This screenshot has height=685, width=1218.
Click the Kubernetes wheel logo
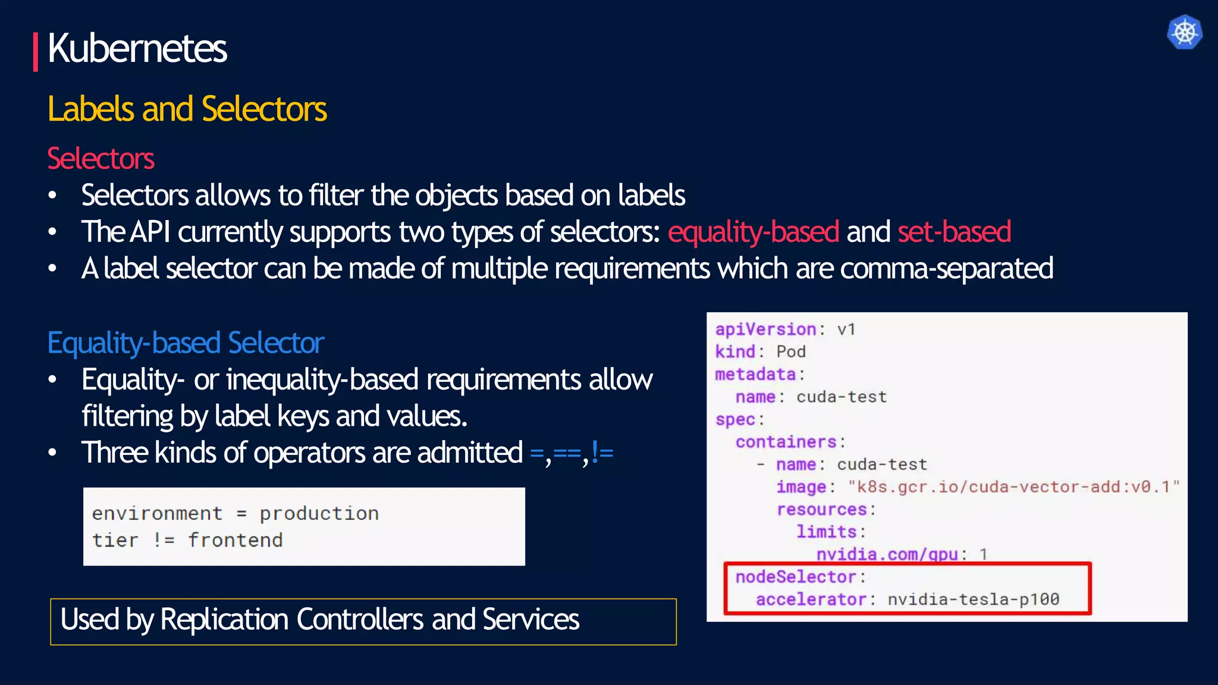[1184, 32]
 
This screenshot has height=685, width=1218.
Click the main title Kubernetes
[137, 49]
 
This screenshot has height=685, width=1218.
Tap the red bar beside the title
[36, 52]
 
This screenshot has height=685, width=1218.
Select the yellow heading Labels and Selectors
[187, 109]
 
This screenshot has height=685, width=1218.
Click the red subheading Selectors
[101, 159]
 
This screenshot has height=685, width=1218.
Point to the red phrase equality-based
[753, 232]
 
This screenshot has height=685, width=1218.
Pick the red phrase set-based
[954, 232]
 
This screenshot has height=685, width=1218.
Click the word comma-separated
[946, 269]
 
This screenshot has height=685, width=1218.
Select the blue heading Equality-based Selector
[186, 343]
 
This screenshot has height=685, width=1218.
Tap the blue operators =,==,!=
[571, 454]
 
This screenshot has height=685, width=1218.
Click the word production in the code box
[319, 514]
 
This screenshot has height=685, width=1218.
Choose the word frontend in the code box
[236, 541]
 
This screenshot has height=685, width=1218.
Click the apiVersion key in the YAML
[765, 329]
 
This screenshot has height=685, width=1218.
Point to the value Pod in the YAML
[791, 352]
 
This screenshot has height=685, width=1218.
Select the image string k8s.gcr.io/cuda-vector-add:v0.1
[1013, 487]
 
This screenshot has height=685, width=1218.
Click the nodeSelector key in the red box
[795, 577]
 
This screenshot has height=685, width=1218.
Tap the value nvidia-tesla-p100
[974, 599]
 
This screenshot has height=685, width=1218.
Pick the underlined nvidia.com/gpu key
[887, 554]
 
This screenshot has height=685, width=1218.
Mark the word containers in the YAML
[786, 442]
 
